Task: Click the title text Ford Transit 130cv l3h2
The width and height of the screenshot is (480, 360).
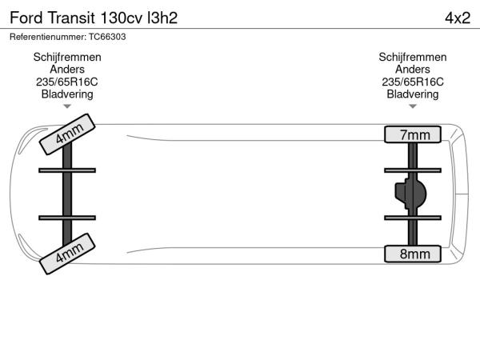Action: pos(94,18)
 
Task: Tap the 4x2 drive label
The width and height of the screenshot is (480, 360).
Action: pos(458,18)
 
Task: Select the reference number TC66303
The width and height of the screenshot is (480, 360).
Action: pos(107,37)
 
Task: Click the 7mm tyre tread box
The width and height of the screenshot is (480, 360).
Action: pos(413,134)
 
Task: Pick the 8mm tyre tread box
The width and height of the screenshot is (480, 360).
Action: pos(413,254)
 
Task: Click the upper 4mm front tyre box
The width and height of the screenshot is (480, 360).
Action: pos(67,134)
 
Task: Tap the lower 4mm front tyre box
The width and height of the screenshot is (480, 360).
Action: pos(67,254)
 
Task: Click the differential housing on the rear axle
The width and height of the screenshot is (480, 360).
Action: pos(410,194)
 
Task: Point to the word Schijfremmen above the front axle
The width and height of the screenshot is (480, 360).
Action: pos(67,57)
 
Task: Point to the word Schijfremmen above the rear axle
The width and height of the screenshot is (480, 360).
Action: pos(413,57)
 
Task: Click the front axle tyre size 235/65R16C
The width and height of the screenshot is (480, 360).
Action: pos(67,82)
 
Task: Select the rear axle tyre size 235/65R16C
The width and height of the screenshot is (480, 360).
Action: pos(413,82)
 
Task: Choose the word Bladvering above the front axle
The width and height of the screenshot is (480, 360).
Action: pos(67,94)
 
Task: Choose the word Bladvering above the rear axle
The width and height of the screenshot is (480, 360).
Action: pos(413,94)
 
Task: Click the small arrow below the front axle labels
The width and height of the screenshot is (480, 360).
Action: pos(67,106)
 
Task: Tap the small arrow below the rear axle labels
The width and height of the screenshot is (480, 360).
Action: pos(413,106)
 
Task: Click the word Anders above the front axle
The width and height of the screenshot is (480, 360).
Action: pos(67,69)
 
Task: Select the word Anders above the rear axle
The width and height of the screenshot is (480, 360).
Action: pos(413,69)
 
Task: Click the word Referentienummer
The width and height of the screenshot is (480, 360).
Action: pos(48,37)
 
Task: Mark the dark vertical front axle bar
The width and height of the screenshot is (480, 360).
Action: pos(67,194)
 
